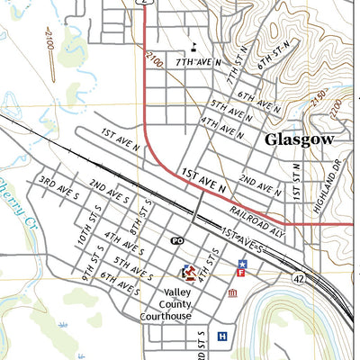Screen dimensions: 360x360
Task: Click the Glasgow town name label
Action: pos(299,139)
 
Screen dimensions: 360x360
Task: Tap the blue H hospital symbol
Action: pos(222,337)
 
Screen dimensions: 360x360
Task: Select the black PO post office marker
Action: pos(177,241)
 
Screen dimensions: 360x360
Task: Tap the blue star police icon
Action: pos(241,261)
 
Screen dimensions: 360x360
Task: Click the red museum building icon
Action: pos(233,294)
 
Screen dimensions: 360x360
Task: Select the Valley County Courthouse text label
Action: pos(166,304)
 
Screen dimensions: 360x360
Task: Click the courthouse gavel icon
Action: pos(189,271)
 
